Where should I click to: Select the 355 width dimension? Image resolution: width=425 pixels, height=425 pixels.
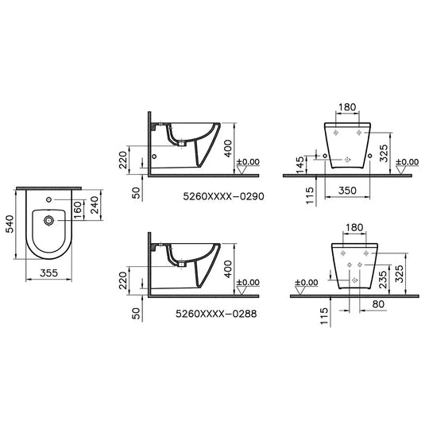point(49,272)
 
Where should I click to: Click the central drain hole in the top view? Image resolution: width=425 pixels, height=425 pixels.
point(49,219)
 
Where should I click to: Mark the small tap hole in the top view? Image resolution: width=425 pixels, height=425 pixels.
point(49,199)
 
